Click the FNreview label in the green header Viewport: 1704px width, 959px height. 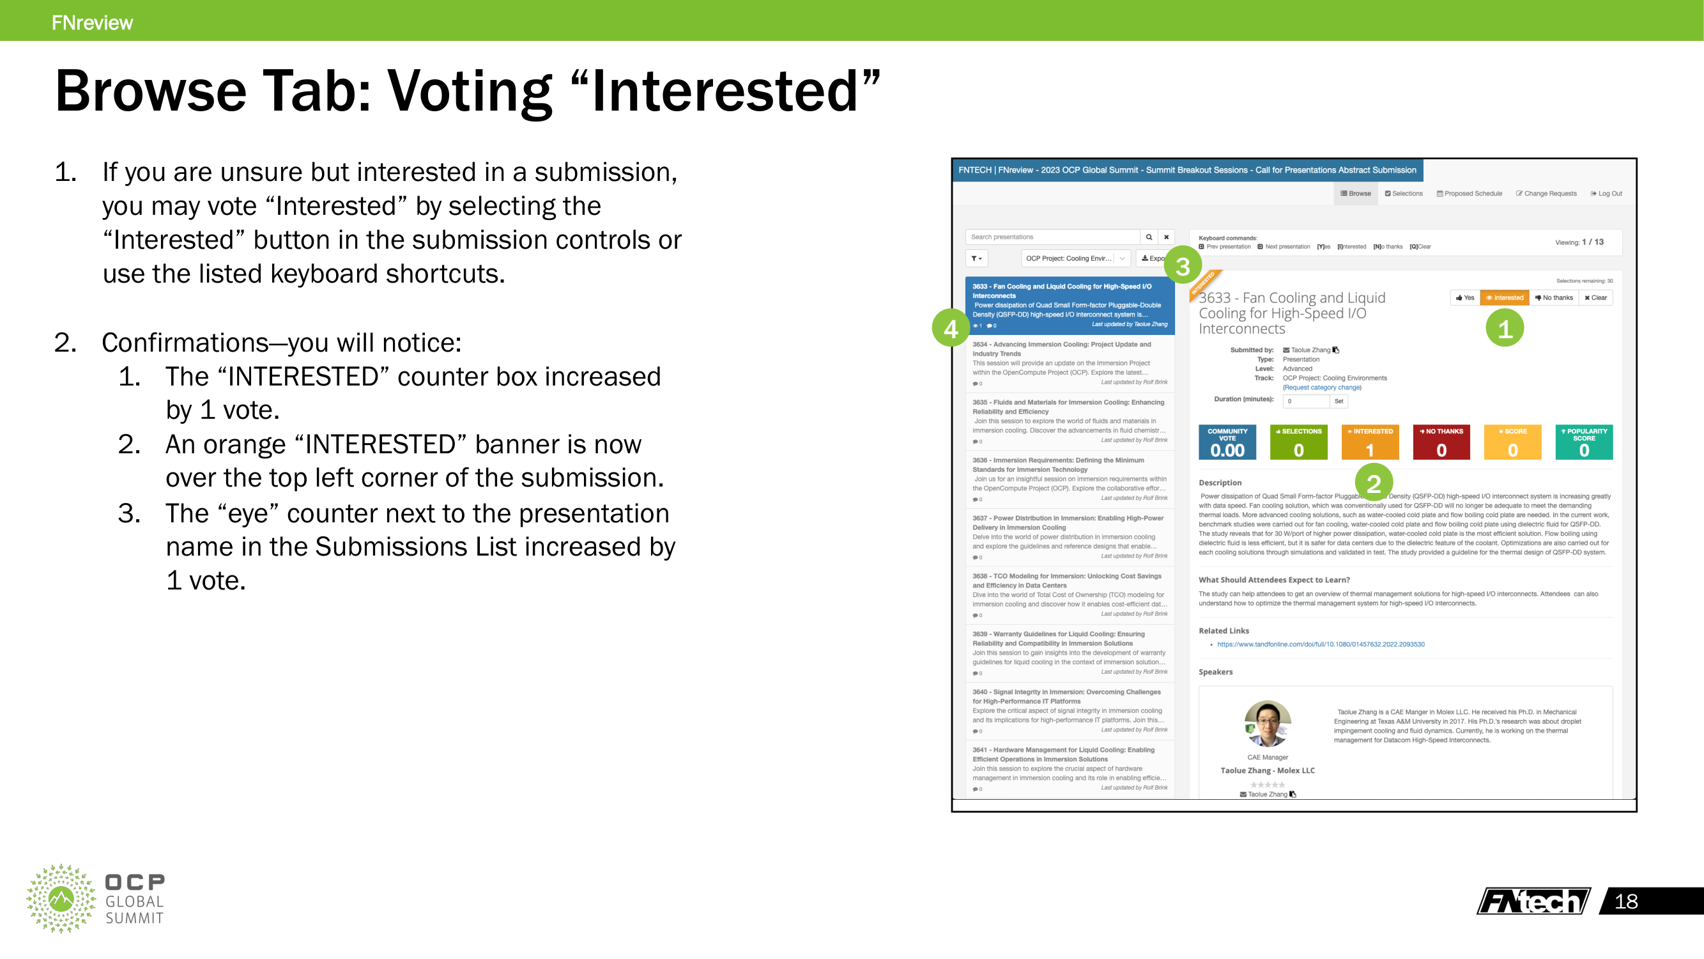click(x=92, y=22)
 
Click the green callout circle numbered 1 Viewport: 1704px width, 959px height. click(x=1504, y=328)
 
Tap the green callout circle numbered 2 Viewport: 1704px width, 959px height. click(x=1373, y=483)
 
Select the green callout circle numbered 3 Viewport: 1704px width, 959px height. click(x=1182, y=265)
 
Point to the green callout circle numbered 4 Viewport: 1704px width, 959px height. click(x=951, y=327)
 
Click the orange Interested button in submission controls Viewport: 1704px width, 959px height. click(x=1504, y=298)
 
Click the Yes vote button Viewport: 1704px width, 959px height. click(x=1464, y=298)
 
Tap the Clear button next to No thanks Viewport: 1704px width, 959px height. click(x=1595, y=298)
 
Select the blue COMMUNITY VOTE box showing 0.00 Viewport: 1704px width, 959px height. click(x=1227, y=442)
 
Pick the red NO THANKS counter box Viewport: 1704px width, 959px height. click(x=1441, y=442)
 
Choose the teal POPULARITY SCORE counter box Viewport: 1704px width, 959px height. click(x=1584, y=442)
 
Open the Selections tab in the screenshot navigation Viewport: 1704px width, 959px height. click(x=1403, y=194)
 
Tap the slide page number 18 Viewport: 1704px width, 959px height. click(x=1626, y=901)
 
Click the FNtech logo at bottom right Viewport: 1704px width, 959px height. click(x=1533, y=901)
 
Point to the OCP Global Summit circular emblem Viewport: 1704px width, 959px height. click(x=61, y=898)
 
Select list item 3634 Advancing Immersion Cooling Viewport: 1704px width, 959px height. click(x=1068, y=363)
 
